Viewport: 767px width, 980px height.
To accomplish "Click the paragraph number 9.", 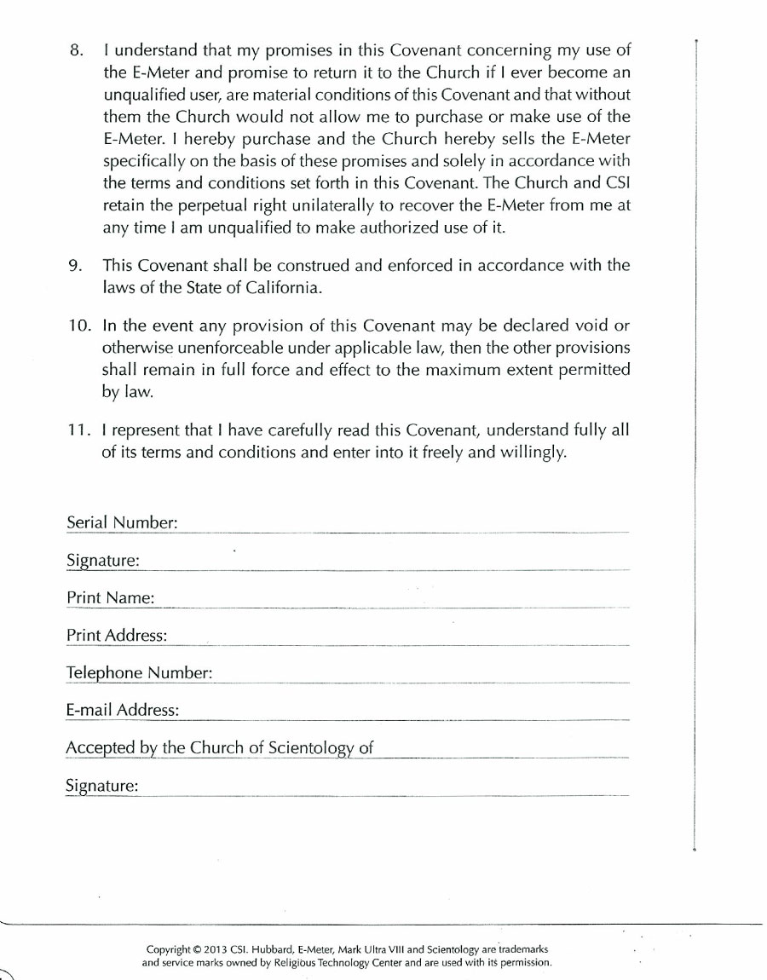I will pos(74,266).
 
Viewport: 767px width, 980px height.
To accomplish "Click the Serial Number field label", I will pos(122,523).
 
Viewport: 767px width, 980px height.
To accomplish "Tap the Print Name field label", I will pos(110,598).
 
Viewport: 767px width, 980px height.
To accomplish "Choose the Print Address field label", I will pos(117,636).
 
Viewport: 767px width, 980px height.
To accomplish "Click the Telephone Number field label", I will pos(139,673).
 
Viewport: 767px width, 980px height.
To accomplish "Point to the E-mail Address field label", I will pos(123,711).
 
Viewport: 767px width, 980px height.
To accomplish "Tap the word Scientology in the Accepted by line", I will pos(310,749).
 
